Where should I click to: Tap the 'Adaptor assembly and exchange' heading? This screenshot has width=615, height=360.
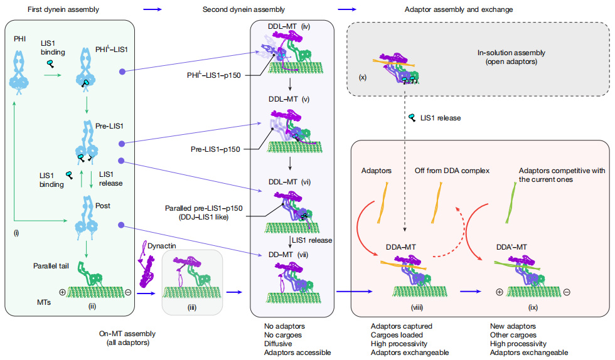click(x=468, y=9)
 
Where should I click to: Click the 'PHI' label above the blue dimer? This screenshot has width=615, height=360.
click(x=20, y=40)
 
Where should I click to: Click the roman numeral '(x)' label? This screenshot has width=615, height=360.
click(x=362, y=77)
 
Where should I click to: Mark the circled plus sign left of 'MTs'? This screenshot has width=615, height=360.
click(x=62, y=292)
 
